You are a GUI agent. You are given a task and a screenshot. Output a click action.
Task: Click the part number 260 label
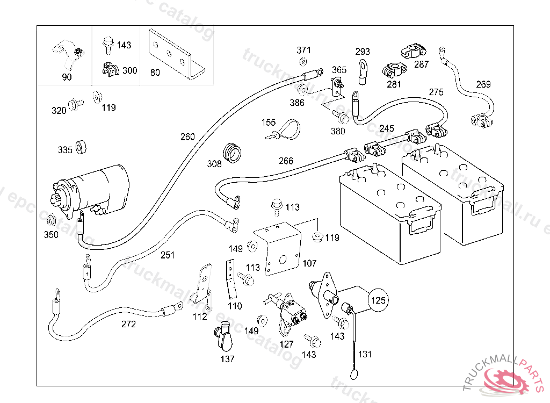pyautogui.click(x=187, y=137)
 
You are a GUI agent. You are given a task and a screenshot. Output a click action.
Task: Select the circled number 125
pyautogui.click(x=379, y=300)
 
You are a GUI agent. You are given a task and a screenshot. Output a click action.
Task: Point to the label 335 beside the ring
pyautogui.click(x=65, y=150)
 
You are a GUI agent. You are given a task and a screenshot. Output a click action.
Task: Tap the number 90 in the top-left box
pyautogui.click(x=67, y=77)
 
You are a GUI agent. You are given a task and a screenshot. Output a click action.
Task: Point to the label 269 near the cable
pyautogui.click(x=483, y=84)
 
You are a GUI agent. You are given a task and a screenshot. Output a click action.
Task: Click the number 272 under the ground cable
pyautogui.click(x=128, y=324)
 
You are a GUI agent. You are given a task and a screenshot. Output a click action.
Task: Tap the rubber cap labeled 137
pyautogui.click(x=225, y=338)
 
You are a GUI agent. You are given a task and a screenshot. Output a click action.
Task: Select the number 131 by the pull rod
pyautogui.click(x=365, y=354)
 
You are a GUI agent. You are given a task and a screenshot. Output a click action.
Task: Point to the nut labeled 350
pyautogui.click(x=52, y=220)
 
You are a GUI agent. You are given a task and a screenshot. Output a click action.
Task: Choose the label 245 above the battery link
pyautogui.click(x=387, y=128)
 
